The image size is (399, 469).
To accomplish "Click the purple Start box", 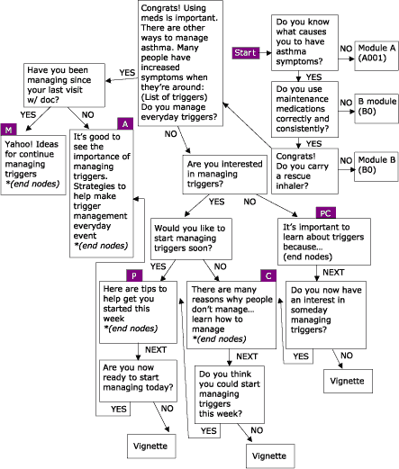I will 246,52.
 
